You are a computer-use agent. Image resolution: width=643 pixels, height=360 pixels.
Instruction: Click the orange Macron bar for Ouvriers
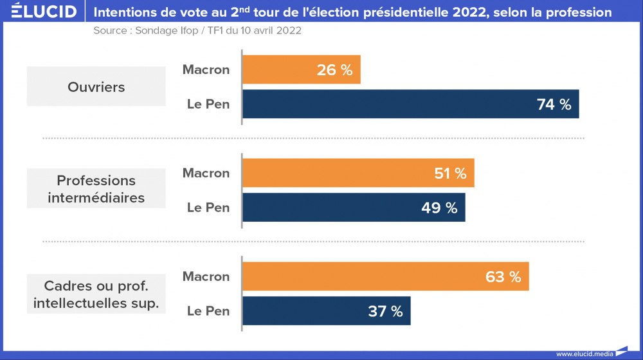(301, 69)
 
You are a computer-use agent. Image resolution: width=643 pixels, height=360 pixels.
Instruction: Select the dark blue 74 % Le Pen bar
(410, 104)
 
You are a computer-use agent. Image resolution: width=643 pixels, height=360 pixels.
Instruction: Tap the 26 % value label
(334, 70)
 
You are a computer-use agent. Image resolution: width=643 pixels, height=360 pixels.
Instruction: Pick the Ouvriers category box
(96, 87)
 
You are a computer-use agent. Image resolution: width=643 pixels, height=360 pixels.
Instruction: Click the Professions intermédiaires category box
(96, 190)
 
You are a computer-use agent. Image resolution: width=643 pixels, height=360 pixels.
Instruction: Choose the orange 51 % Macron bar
(358, 173)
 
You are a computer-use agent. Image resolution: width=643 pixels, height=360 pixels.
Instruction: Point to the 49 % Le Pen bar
(353, 208)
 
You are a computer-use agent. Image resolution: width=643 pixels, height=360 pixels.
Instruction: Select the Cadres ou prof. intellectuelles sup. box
(96, 294)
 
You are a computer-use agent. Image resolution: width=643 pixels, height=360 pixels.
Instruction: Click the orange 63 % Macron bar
(385, 276)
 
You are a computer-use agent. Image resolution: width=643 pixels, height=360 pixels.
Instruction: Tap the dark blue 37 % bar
(326, 311)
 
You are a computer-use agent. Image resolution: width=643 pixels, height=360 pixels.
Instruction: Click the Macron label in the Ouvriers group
(206, 69)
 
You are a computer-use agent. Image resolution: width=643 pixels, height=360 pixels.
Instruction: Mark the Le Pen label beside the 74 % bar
(208, 104)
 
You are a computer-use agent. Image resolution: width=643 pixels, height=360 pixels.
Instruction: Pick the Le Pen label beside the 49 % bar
(208, 208)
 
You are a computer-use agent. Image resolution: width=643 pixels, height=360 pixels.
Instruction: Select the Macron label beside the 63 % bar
(206, 276)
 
